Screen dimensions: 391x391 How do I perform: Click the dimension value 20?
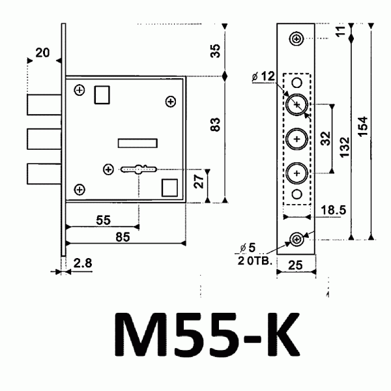pyautogui.click(x=43, y=53)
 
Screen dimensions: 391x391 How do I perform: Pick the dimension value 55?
pyautogui.click(x=103, y=220)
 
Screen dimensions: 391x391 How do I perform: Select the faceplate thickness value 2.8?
pyautogui.click(x=82, y=263)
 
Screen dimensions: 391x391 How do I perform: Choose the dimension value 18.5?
pyautogui.click(x=333, y=210)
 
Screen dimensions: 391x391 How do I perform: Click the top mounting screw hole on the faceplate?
pyautogui.click(x=297, y=38)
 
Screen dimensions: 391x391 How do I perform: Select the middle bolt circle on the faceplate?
pyautogui.click(x=297, y=139)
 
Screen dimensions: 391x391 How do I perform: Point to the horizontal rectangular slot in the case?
pyautogui.click(x=137, y=142)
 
